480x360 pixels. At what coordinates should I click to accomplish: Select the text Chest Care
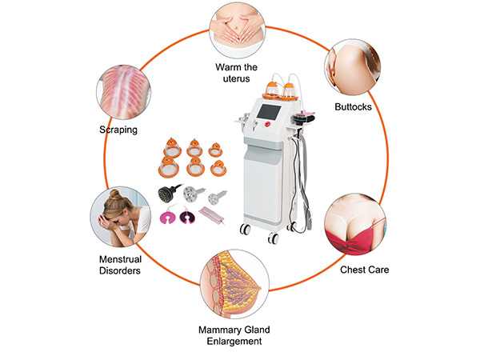click(x=365, y=270)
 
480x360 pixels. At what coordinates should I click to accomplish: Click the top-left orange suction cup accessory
click(x=170, y=146)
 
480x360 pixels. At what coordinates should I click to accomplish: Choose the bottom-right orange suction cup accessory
click(x=217, y=169)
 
